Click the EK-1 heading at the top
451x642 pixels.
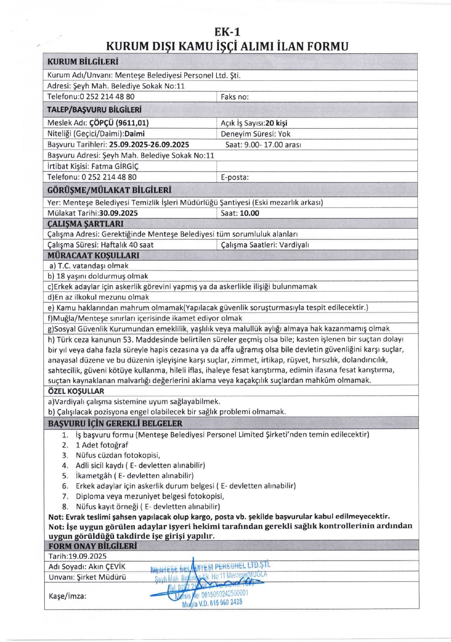227,32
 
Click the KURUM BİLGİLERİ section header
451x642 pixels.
83,62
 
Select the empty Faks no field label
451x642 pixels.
235,97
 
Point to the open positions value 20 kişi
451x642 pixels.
276,123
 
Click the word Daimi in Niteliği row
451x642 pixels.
135,134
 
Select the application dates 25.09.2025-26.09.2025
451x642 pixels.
149,145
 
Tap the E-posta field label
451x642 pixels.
235,177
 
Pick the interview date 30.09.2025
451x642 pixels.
119,213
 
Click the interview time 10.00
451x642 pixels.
249,213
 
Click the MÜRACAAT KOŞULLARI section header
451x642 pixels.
93,255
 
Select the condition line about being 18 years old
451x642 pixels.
98,276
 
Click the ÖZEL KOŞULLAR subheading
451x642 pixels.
76,391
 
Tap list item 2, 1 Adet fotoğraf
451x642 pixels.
102,445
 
